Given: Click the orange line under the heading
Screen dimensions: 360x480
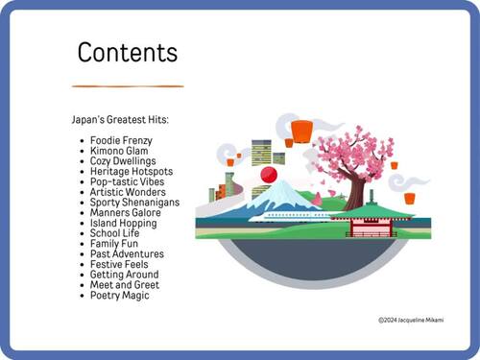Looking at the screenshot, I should coord(127,86).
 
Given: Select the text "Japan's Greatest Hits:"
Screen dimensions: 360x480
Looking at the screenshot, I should coord(120,120).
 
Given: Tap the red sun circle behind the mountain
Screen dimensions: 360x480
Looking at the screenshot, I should coord(269,175).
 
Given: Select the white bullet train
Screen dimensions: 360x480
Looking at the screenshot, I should coord(288,216).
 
